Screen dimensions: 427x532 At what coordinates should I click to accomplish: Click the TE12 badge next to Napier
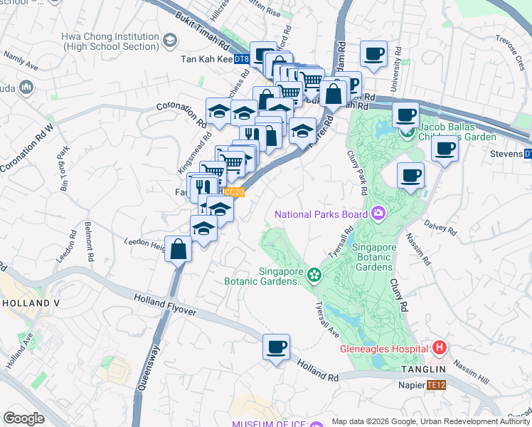pyautogui.click(x=435, y=385)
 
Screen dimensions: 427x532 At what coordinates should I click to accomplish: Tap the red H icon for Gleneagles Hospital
pyautogui.click(x=440, y=348)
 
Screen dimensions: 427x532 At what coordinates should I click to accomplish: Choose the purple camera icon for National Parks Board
pyautogui.click(x=378, y=213)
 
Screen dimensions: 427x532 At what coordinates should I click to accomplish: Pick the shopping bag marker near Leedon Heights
pyautogui.click(x=179, y=249)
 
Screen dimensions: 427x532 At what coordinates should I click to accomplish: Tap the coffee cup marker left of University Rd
pyautogui.click(x=373, y=53)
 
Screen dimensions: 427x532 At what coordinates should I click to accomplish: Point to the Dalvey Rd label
pyautogui.click(x=441, y=227)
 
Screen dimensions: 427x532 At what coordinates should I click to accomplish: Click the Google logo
pyautogui.click(x=23, y=418)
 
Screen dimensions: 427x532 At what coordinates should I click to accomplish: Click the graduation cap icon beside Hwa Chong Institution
pyautogui.click(x=170, y=41)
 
